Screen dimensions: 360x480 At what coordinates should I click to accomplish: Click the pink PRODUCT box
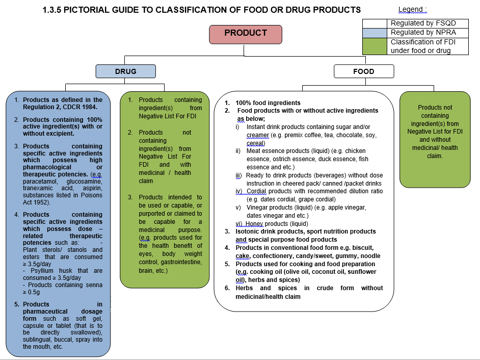click(246, 34)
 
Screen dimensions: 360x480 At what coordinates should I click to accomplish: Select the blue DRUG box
click(126, 71)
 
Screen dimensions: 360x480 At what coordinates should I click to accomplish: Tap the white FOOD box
click(364, 71)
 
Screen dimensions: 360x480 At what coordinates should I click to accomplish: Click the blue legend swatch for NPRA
click(376, 32)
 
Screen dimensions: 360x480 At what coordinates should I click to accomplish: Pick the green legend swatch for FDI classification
click(376, 46)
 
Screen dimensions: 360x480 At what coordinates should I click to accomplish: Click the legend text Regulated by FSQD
click(423, 23)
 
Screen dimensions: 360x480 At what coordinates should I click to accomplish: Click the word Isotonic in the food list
click(248, 232)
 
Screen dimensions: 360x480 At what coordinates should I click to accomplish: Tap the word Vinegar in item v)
click(257, 208)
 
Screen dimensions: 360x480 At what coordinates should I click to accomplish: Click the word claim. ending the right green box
click(435, 156)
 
